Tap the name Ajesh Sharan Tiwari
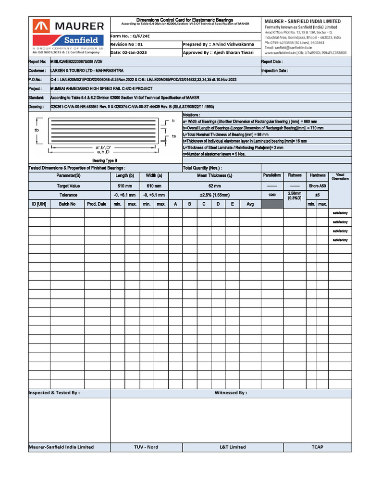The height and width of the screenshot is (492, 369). click(x=234, y=52)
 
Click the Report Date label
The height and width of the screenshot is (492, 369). click(x=272, y=62)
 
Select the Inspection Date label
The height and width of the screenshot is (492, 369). click(x=275, y=71)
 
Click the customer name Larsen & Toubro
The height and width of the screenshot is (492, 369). click(x=86, y=71)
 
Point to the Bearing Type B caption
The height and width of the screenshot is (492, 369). click(x=105, y=160)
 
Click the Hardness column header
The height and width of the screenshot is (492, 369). click(x=318, y=175)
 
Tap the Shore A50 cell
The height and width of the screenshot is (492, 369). click(x=318, y=185)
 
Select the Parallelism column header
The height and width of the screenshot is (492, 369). click(x=272, y=175)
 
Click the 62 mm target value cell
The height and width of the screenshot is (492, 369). click(x=214, y=185)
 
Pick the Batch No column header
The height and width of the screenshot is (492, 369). click(x=67, y=204)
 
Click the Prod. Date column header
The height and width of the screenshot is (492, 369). click(x=97, y=204)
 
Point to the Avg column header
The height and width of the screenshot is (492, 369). click(x=250, y=204)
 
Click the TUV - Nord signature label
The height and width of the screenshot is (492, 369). click(x=146, y=447)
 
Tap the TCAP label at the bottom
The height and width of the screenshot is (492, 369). click(x=317, y=447)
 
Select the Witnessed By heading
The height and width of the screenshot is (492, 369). click(x=231, y=393)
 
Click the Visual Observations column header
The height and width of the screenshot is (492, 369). click(x=340, y=177)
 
